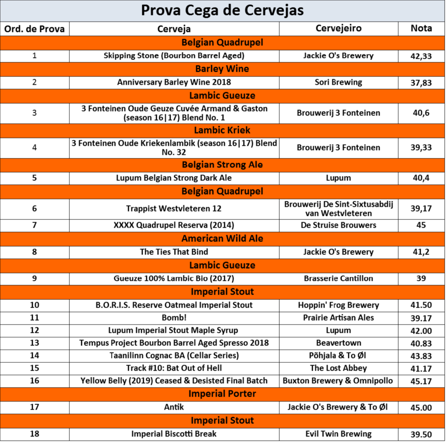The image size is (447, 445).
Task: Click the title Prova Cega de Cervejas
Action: click(222, 10)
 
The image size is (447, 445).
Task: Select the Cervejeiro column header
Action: click(338, 28)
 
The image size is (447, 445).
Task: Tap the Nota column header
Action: click(421, 28)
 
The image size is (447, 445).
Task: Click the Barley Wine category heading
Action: click(222, 69)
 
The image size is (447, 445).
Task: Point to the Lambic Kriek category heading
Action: click(222, 130)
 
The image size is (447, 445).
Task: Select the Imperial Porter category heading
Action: click(222, 394)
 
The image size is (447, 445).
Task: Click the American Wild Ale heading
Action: click(222, 238)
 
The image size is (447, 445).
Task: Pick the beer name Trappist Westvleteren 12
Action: click(174, 209)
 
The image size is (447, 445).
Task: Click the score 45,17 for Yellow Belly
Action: click(421, 381)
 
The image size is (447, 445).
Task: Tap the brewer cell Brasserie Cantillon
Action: click(338, 278)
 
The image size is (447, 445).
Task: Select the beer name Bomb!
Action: click(174, 317)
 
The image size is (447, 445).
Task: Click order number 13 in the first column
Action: click(34, 343)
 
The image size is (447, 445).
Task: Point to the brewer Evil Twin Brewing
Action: click(338, 434)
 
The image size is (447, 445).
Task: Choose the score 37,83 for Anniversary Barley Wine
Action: click(421, 83)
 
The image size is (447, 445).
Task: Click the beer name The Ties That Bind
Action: click(174, 252)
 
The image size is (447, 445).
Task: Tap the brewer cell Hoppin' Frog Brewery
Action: click(338, 305)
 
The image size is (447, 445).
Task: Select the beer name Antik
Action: click(174, 407)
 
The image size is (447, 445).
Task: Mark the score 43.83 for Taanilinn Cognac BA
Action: click(421, 356)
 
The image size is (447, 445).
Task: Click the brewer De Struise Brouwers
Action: click(338, 225)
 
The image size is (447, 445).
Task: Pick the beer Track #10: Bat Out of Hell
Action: click(174, 368)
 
